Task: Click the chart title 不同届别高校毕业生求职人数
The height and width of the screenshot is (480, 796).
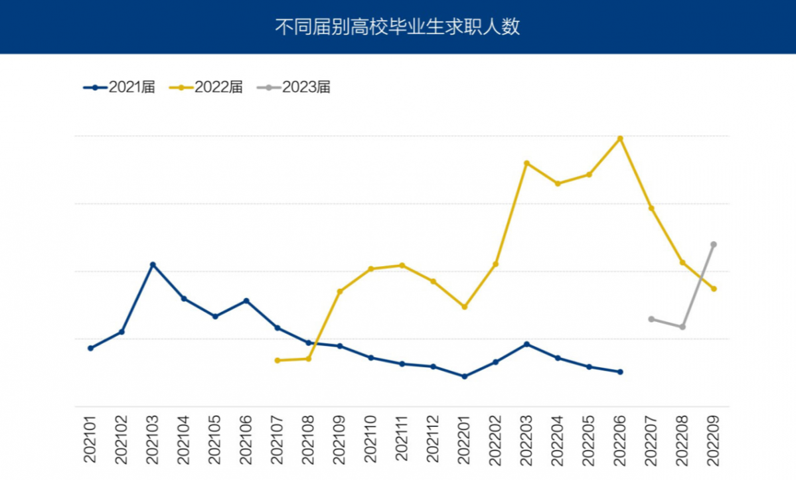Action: [x=398, y=27]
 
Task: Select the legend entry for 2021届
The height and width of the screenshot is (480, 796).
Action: [x=119, y=87]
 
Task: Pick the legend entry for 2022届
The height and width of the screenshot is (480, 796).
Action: [x=206, y=87]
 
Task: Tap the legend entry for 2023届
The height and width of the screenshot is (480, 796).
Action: [x=293, y=87]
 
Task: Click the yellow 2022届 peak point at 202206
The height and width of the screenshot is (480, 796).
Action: [x=620, y=138]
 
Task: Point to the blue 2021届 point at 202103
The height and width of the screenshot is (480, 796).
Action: [x=153, y=264]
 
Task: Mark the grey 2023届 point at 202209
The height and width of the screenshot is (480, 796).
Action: [x=714, y=244]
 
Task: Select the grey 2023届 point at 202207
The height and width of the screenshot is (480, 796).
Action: [x=651, y=319]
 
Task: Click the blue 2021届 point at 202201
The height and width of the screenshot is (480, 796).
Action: [x=464, y=376]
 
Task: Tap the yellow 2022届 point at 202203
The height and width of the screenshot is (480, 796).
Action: [x=526, y=163]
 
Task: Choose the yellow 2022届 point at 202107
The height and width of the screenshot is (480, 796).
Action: [x=278, y=360]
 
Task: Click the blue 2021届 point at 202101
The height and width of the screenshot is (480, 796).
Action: [x=90, y=348]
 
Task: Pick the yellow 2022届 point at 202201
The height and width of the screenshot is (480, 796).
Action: [x=464, y=307]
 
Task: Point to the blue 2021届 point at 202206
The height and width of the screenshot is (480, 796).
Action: [x=620, y=372]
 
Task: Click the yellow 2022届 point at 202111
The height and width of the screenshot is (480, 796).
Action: [x=402, y=265]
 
